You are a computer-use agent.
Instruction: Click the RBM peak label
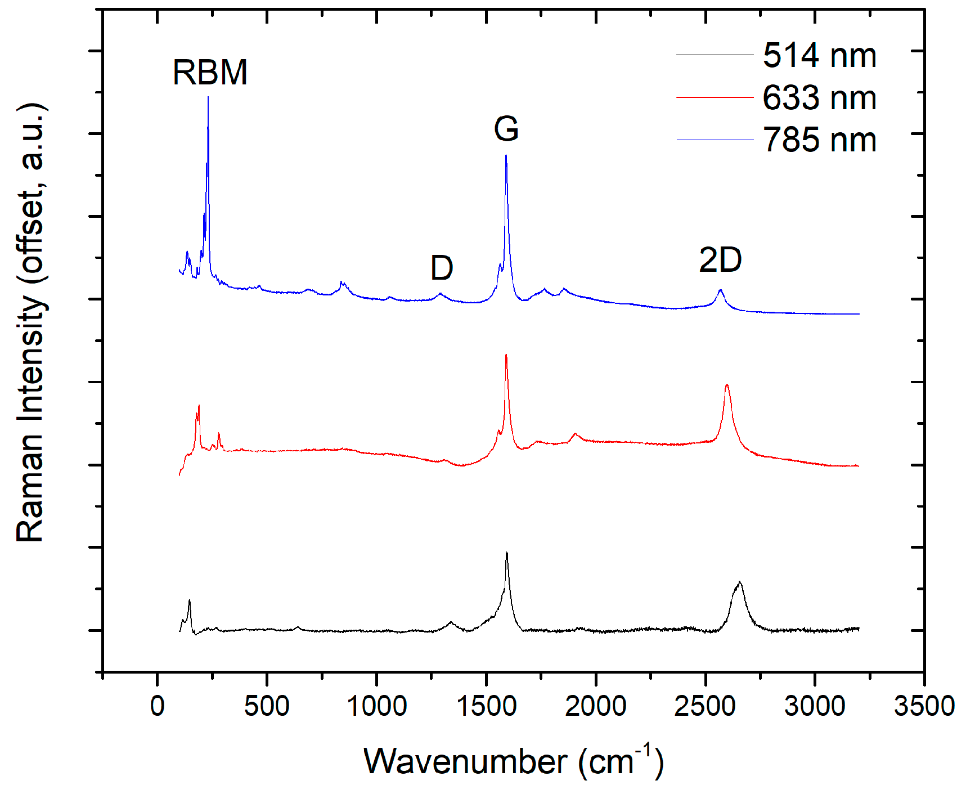[210, 73]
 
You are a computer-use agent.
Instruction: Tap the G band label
[506, 129]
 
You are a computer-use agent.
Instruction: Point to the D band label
[442, 268]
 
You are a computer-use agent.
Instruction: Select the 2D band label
[720, 261]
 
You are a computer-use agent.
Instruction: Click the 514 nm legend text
[819, 56]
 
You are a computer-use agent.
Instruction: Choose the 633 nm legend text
[819, 98]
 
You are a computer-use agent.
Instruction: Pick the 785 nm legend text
[819, 140]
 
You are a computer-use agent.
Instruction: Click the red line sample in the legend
[715, 97]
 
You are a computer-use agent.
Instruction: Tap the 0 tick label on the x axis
[158, 706]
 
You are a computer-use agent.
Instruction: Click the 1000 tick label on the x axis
[376, 706]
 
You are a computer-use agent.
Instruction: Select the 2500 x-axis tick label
[705, 706]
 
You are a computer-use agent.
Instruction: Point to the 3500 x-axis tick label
[924, 706]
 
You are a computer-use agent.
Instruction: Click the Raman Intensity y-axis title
[31, 324]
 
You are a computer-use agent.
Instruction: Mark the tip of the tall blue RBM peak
[208, 97]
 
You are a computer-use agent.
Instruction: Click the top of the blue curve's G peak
[506, 155]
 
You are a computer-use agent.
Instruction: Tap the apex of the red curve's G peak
[506, 355]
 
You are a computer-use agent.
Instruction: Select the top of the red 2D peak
[727, 385]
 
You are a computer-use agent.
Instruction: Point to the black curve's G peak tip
[507, 553]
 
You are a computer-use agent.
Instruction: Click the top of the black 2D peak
[739, 582]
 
